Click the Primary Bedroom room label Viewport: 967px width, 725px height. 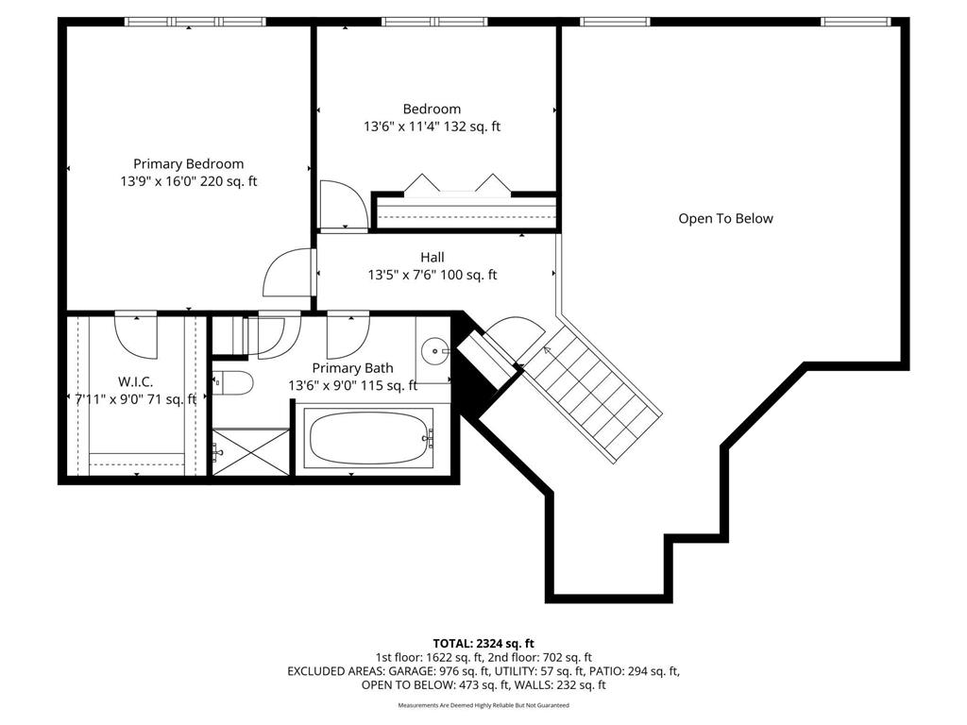coord(188,163)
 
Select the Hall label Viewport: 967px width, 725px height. coord(433,257)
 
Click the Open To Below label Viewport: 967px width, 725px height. coord(725,218)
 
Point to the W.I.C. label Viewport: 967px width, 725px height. coord(135,381)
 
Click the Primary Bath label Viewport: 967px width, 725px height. coord(352,368)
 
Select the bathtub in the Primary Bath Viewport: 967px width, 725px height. coord(371,436)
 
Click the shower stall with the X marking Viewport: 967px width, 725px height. coord(250,451)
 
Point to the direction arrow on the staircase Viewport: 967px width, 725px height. coord(547,352)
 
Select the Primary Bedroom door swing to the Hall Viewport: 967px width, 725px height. coord(288,274)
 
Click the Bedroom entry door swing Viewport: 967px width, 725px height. coord(340,205)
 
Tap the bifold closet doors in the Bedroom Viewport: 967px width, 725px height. coord(458,183)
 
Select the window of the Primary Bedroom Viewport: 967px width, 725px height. coord(195,22)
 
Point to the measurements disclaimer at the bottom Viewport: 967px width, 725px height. coord(483,705)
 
